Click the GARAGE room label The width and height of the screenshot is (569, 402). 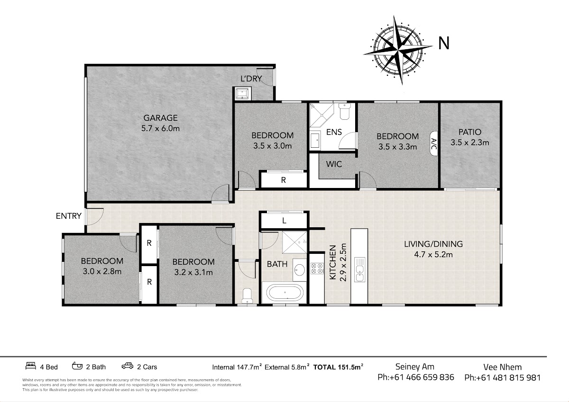point(160,118)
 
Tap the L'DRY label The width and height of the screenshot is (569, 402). point(251,79)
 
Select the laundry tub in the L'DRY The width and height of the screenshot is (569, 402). point(242,93)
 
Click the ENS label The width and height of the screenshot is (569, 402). point(334,132)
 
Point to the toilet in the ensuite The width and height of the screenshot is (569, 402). point(345,111)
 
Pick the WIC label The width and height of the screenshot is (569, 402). point(334,164)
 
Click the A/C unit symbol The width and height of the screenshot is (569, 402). point(433,143)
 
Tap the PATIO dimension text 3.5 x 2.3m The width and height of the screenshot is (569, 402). point(470,142)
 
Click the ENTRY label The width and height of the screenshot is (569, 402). point(69,216)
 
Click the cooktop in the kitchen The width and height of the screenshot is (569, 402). point(317,268)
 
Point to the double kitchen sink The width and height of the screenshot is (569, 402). point(359,269)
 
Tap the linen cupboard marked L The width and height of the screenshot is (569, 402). point(284,221)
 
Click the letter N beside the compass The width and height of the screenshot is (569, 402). point(444,43)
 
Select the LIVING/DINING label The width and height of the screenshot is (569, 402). point(433,244)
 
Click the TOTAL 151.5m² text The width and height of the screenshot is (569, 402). point(338,367)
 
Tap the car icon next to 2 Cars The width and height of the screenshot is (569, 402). point(127,366)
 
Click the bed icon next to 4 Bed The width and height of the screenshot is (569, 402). point(31,366)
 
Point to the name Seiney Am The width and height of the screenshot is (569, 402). point(415,367)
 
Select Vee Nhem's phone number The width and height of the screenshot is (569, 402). point(503,378)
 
